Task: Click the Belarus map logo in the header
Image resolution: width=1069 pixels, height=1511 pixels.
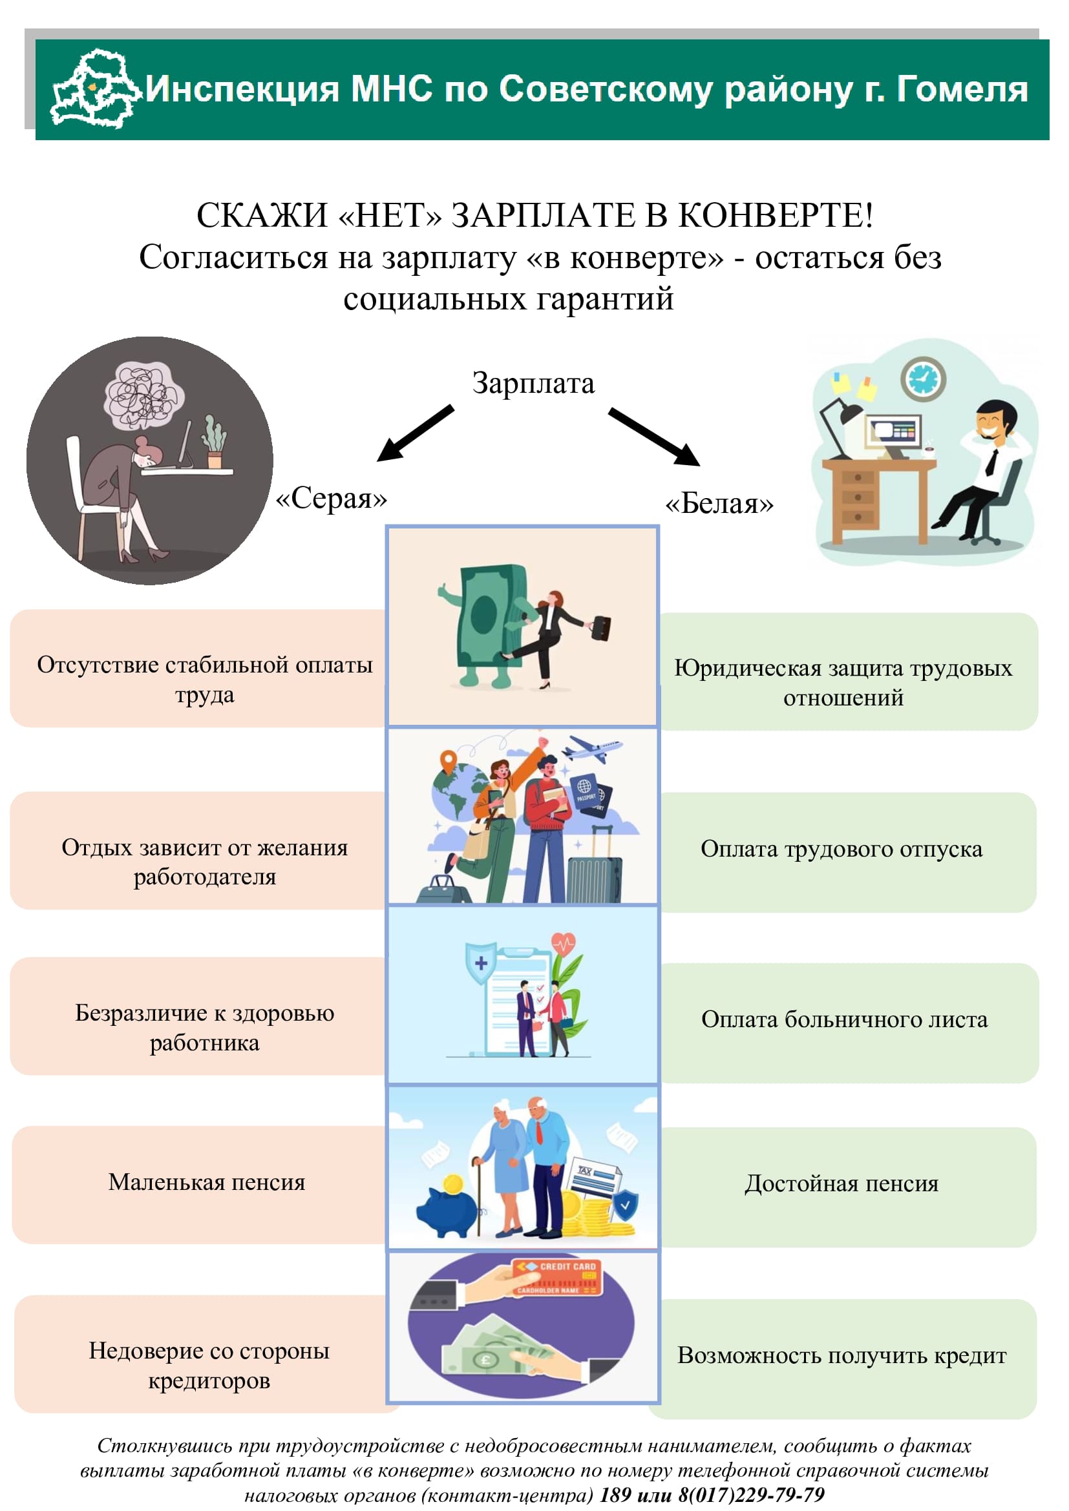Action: pos(96,89)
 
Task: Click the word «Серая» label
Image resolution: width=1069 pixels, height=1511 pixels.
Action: pos(331,498)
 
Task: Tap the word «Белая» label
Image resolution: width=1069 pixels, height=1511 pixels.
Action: pos(719,503)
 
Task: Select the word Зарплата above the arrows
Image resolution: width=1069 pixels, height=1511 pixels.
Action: pos(533,383)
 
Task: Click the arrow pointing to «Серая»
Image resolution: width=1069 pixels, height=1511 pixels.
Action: pos(416,433)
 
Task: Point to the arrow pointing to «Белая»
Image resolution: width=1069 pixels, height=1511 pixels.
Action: pos(653,436)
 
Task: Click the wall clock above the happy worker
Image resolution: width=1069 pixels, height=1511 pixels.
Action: pos(923,379)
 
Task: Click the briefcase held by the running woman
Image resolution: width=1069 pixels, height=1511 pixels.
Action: pos(600,627)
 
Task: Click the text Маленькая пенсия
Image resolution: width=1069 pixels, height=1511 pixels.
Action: pos(207,1182)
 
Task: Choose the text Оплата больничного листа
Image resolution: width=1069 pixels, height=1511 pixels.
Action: pos(845,1019)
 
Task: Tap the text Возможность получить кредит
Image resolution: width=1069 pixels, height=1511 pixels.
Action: pos(842,1355)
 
